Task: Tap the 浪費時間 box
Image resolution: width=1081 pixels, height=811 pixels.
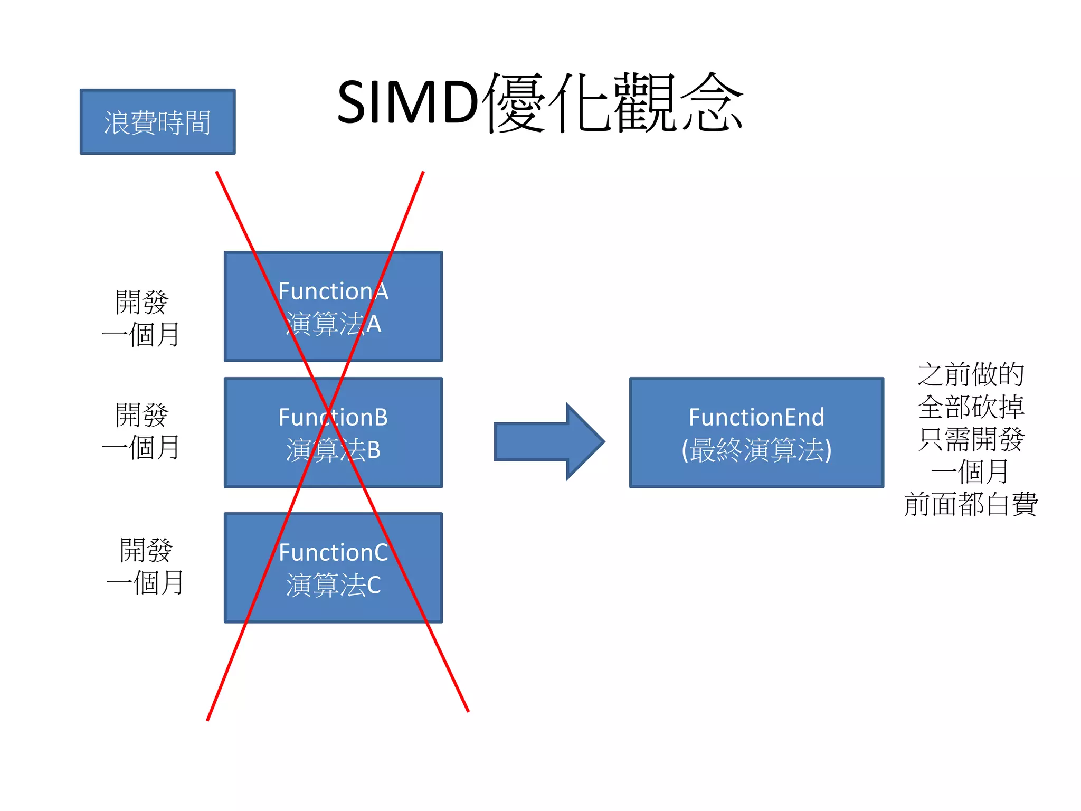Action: point(157,122)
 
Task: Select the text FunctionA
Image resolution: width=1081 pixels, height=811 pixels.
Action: point(333,291)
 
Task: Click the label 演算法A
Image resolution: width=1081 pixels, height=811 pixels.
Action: point(333,324)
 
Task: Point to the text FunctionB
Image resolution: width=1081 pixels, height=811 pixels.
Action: point(333,418)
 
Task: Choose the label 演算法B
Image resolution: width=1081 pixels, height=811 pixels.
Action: point(333,450)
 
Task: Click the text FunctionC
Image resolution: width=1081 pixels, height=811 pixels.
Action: point(333,553)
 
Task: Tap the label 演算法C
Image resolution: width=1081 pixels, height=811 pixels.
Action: point(333,585)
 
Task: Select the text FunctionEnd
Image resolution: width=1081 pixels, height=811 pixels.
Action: point(756,418)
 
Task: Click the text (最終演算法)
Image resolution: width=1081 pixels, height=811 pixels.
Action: point(756,450)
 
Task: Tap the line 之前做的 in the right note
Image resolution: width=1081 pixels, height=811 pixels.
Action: point(971,374)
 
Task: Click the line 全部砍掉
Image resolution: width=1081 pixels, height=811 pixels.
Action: point(971,407)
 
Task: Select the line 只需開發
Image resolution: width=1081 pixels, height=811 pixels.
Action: point(971,439)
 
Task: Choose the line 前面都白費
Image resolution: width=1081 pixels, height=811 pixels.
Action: point(971,504)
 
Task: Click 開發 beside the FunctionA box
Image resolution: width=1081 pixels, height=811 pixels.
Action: point(141,302)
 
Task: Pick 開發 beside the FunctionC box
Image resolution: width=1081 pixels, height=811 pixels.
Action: point(146,550)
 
